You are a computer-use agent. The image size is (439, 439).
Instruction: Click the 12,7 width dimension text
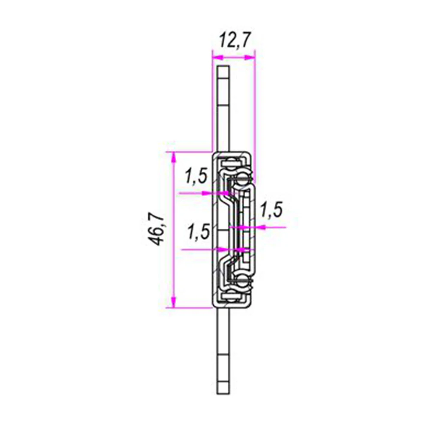tap(234, 41)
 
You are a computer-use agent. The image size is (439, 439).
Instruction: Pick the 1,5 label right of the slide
tap(271, 210)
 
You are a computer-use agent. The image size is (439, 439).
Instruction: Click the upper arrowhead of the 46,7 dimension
tap(174, 158)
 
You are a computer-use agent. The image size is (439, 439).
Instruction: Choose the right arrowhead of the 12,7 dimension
tap(250, 57)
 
